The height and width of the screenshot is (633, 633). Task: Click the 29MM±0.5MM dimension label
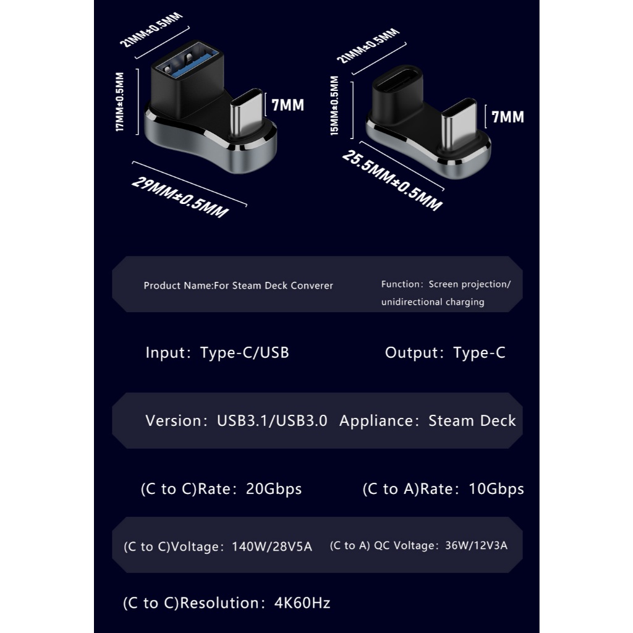[179, 196]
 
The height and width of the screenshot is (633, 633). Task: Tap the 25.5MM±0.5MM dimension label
[392, 180]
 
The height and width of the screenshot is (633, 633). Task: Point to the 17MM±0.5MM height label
[120, 102]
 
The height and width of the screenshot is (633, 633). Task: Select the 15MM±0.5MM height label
[334, 106]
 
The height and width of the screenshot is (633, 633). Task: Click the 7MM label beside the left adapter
[288, 105]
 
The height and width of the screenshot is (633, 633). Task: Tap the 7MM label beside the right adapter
[508, 116]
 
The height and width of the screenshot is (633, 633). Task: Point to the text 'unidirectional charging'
[433, 302]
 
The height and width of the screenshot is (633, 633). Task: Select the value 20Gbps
[274, 489]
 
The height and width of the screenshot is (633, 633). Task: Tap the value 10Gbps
[496, 489]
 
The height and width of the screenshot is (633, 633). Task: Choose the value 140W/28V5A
[272, 547]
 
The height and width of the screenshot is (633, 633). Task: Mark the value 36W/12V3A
[476, 546]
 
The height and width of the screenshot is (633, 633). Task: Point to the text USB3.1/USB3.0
[272, 421]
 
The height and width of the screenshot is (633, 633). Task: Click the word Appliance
[375, 421]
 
